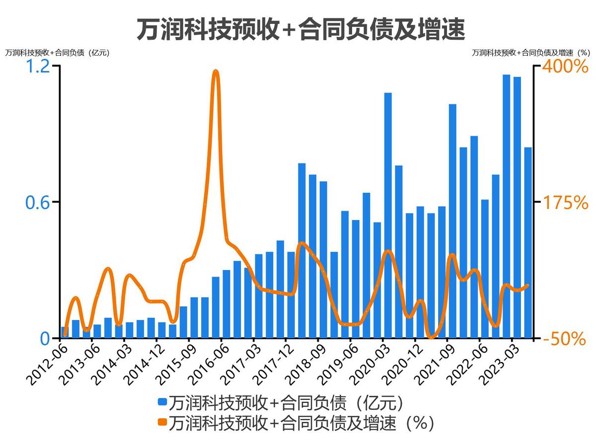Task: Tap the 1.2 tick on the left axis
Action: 39,66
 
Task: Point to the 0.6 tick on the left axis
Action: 39,202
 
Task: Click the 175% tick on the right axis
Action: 564,202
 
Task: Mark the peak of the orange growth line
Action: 216,73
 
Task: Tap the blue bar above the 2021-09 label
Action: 452,221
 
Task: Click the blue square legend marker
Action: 162,401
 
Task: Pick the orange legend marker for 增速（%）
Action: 162,423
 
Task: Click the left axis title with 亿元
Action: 57,52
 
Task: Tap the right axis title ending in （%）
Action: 530,52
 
